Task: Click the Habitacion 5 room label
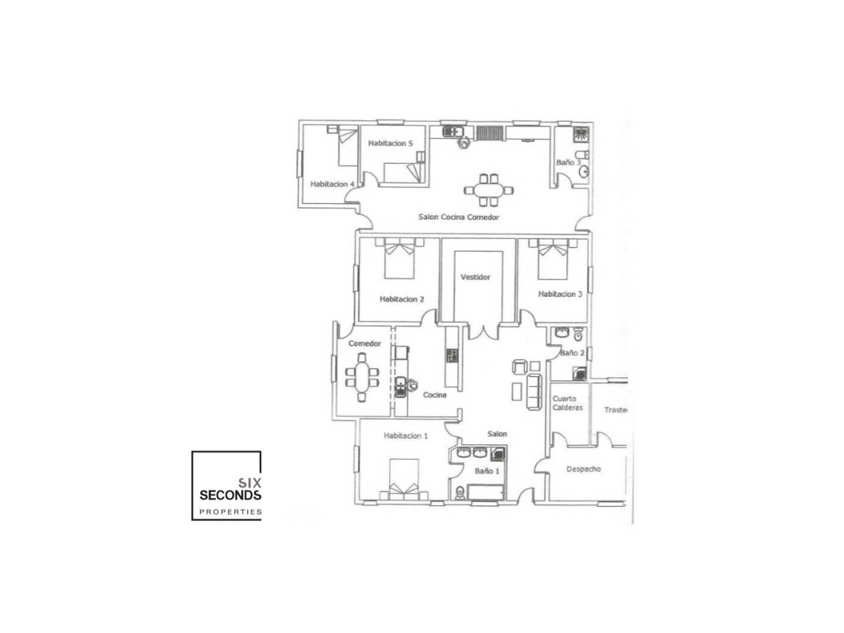[390, 144]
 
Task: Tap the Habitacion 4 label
[332, 184]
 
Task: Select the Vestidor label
[475, 277]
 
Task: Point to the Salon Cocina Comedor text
[458, 217]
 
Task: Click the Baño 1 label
[487, 471]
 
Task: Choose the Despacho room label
[583, 469]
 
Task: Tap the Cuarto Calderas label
[567, 403]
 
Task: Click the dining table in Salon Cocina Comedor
[488, 190]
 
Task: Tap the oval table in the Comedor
[362, 377]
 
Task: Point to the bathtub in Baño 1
[486, 492]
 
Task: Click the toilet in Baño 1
[460, 492]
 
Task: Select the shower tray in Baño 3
[581, 135]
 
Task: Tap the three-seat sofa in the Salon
[534, 392]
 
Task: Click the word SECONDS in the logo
[230, 495]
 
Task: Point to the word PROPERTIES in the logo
[230, 512]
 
